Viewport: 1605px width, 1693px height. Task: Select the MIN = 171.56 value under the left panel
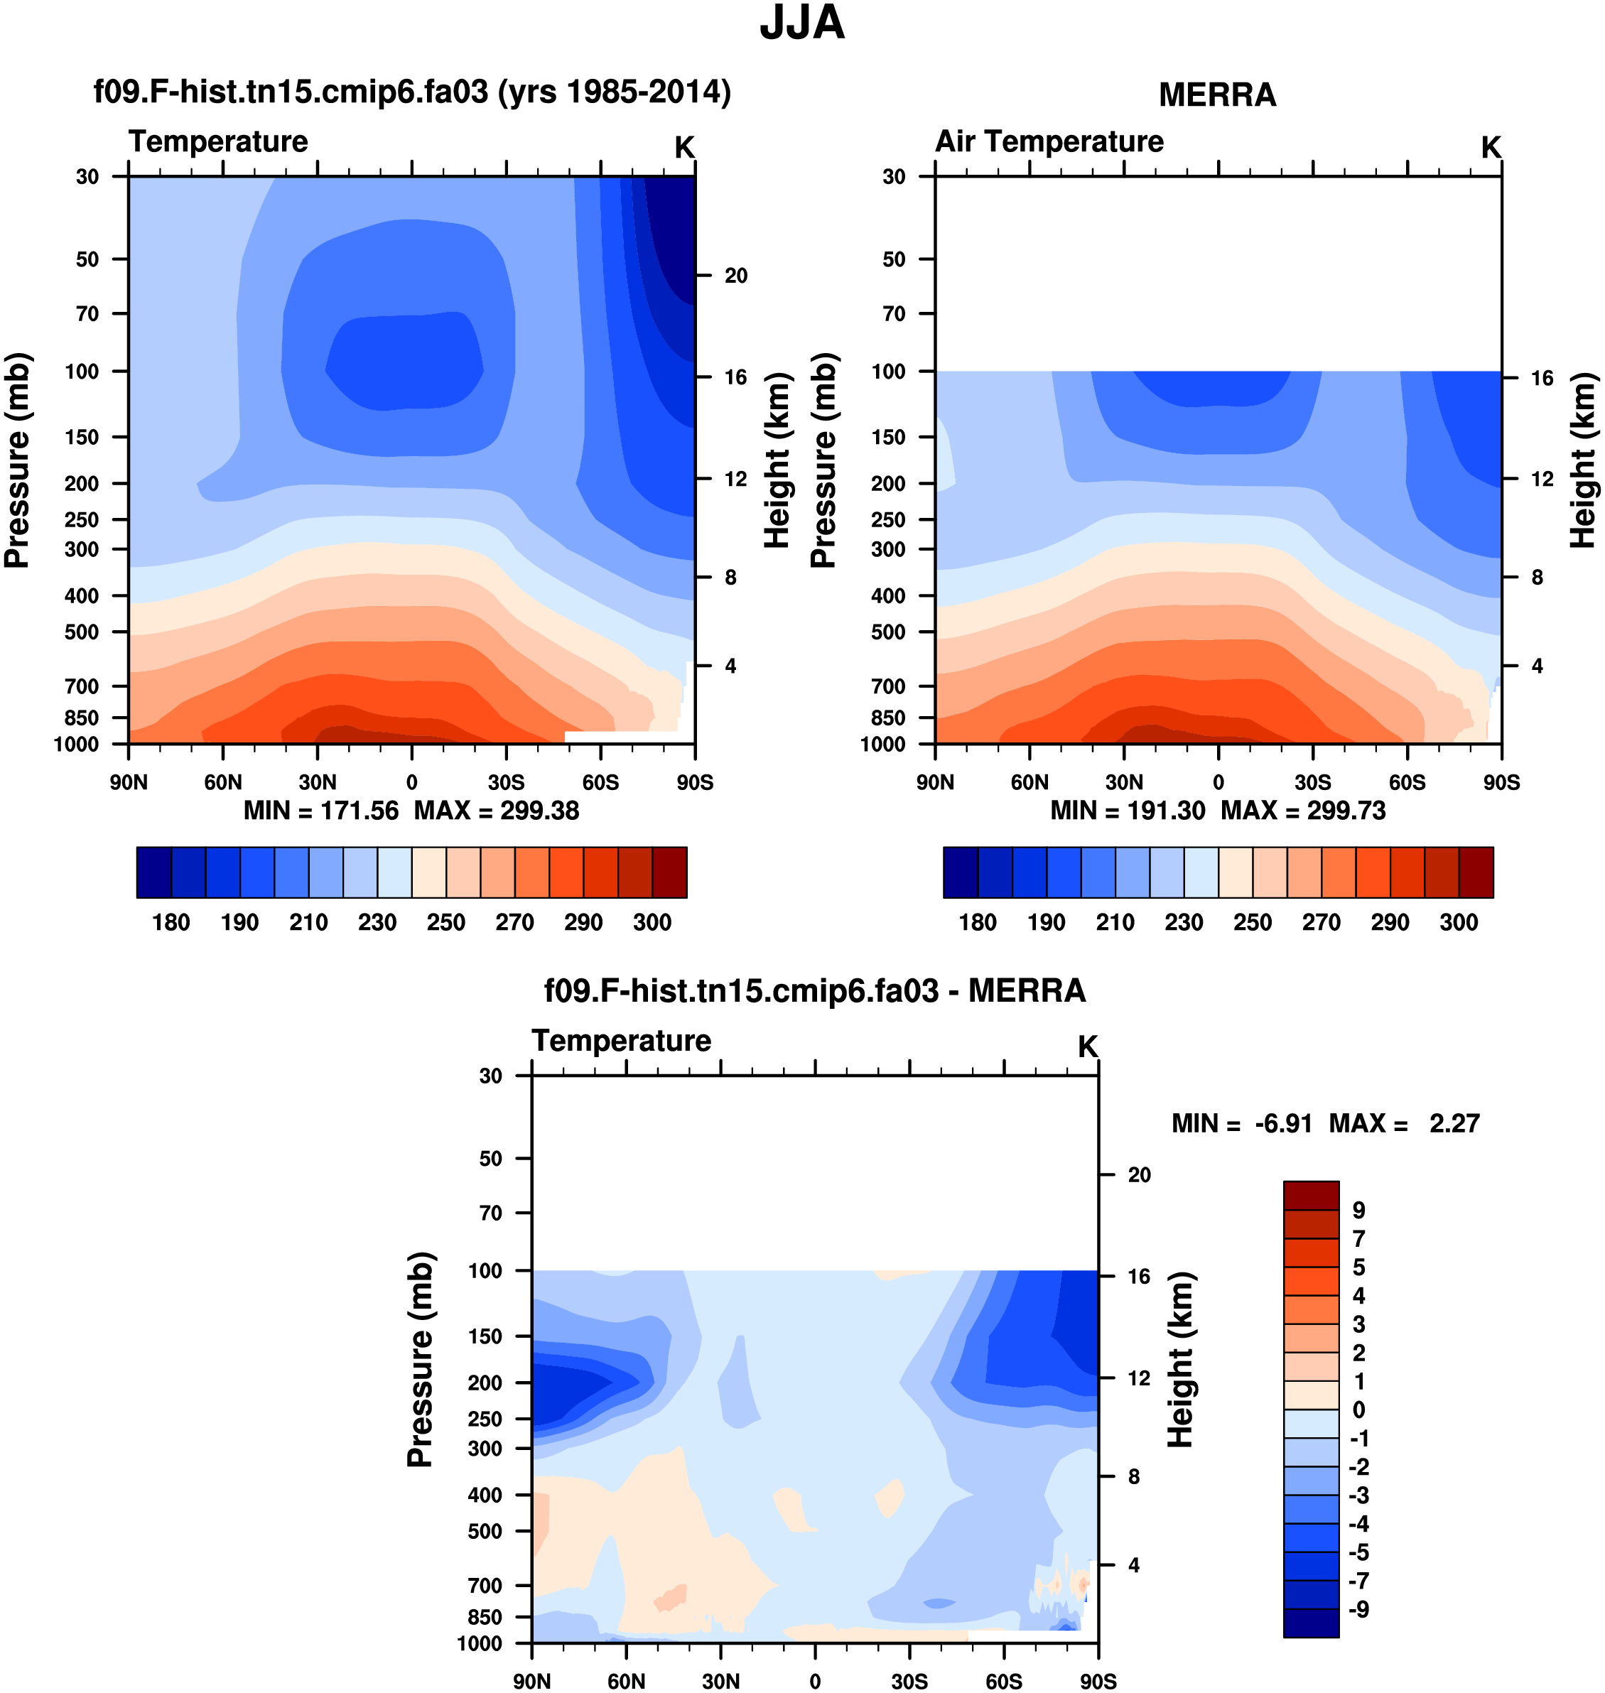[321, 810]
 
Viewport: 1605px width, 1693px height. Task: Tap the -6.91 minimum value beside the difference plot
[1283, 1123]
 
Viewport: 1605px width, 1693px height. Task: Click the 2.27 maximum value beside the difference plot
[1454, 1123]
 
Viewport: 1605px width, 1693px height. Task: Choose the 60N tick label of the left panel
[222, 782]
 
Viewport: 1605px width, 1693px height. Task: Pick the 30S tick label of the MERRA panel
[1312, 782]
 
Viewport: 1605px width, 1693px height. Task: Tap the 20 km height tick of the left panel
[736, 276]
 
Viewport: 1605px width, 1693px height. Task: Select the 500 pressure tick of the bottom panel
[485, 1530]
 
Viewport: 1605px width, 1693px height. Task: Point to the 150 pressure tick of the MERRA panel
[888, 437]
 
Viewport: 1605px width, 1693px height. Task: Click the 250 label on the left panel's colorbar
[445, 922]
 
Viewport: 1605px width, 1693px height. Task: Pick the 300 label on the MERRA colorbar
[1459, 922]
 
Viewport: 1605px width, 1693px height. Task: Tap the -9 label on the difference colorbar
[1358, 1609]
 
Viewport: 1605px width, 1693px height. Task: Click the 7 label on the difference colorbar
[1358, 1238]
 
